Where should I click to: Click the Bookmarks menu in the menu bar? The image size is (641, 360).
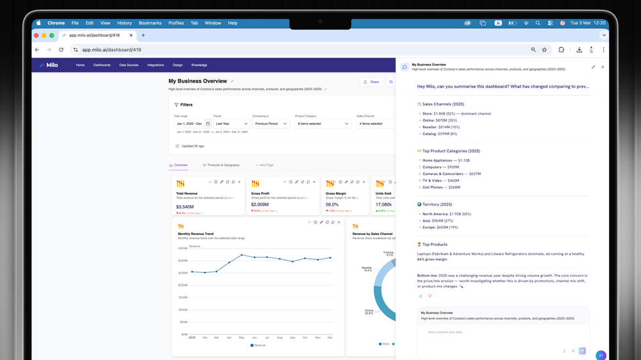click(150, 23)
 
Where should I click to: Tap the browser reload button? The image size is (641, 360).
click(62, 49)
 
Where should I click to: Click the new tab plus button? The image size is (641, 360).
click(143, 35)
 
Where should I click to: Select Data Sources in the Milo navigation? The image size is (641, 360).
click(129, 65)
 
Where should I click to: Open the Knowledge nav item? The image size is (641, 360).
click(199, 65)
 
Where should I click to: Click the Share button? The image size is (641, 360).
click(371, 82)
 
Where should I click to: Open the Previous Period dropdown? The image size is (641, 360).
click(271, 124)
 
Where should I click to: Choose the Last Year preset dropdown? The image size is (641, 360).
click(231, 124)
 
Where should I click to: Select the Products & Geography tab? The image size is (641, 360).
click(221, 165)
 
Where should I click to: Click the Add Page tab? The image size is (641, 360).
click(265, 165)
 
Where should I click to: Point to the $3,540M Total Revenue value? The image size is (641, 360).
click(185, 207)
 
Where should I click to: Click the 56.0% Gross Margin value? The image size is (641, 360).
click(332, 205)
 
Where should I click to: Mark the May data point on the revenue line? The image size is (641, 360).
click(242, 255)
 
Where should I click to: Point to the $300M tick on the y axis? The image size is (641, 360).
click(183, 261)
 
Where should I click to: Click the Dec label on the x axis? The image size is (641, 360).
click(330, 337)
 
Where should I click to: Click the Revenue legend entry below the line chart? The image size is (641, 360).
click(258, 345)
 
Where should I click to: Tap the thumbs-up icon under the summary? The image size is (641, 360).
click(421, 296)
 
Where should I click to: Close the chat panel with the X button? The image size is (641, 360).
click(603, 67)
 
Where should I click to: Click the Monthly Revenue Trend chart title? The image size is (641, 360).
click(196, 234)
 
